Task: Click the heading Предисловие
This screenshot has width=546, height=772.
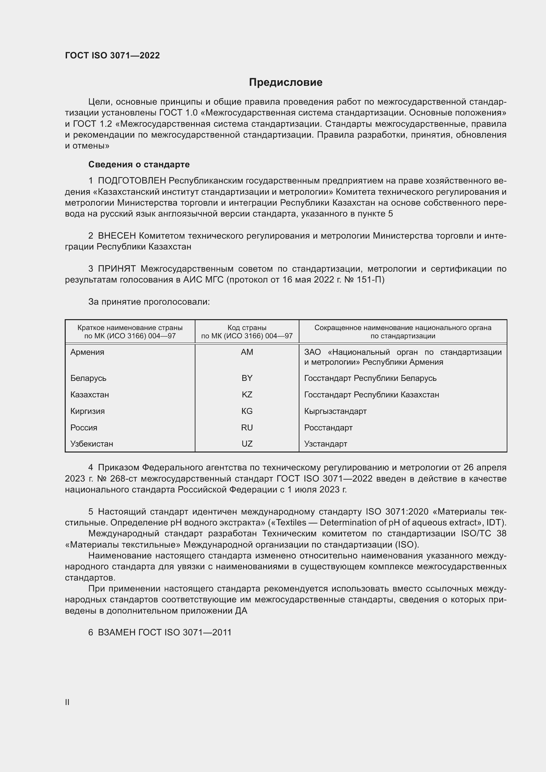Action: (x=286, y=83)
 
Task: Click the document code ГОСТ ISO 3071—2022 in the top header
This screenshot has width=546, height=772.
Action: (x=112, y=55)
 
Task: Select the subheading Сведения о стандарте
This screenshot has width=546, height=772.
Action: (x=139, y=164)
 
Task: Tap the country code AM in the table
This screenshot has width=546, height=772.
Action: (x=247, y=352)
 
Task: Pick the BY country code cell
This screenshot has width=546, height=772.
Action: (x=247, y=378)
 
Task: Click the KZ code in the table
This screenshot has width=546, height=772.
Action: (x=247, y=394)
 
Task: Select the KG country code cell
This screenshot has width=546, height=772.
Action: (x=247, y=411)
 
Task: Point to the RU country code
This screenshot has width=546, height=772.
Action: (x=247, y=427)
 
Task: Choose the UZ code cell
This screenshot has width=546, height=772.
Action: (x=247, y=444)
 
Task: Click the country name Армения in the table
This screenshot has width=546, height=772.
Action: (x=87, y=352)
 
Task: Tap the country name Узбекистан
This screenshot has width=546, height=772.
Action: (x=92, y=444)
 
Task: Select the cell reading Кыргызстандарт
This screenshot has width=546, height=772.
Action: (x=335, y=411)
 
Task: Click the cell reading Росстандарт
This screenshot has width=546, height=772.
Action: (x=328, y=427)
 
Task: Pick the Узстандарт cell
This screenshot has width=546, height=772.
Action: (x=325, y=444)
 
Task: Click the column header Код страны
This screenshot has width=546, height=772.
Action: (x=247, y=327)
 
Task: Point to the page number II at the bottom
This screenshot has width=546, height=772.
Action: (x=67, y=702)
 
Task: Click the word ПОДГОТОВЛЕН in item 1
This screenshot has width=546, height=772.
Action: (x=132, y=181)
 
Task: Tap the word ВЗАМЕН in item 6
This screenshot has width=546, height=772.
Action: (x=117, y=632)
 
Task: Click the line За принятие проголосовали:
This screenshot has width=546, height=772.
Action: (x=149, y=302)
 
